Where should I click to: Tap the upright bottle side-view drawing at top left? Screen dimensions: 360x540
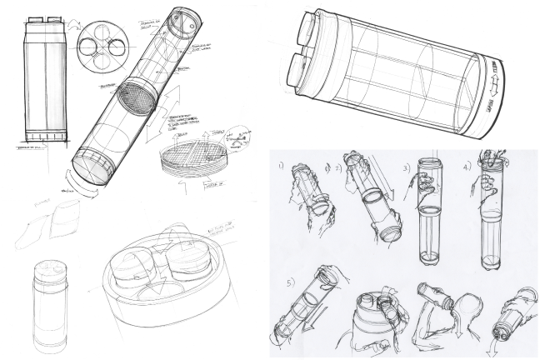point(39,79)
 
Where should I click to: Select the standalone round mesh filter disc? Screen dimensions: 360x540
point(190,160)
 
